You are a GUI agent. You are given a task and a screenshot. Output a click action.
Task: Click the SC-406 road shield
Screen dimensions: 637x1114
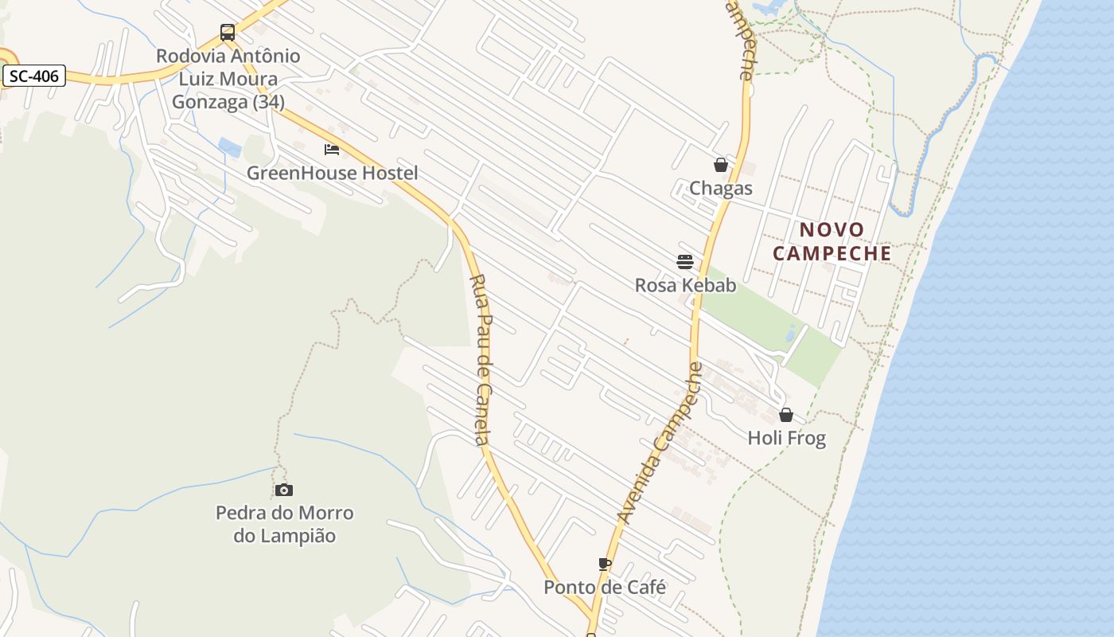(x=33, y=76)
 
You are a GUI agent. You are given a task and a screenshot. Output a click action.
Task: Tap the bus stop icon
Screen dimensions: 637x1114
(x=228, y=33)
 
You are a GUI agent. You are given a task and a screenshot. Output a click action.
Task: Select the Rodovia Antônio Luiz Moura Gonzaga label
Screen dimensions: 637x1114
(x=228, y=79)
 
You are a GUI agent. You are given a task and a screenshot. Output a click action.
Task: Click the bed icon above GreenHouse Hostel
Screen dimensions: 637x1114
(x=332, y=149)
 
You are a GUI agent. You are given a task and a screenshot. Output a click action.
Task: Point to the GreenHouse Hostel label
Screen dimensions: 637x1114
(x=332, y=173)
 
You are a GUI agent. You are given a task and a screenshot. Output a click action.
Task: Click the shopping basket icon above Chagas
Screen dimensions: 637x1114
(x=721, y=165)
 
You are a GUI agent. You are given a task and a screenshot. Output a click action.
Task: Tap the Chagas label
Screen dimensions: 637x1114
(x=721, y=189)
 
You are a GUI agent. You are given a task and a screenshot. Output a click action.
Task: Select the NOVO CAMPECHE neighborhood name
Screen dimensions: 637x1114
(x=832, y=241)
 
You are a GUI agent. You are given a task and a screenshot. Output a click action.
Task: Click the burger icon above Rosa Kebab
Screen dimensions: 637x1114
(x=685, y=261)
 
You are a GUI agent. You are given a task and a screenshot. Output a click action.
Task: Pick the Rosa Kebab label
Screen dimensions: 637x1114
(x=685, y=285)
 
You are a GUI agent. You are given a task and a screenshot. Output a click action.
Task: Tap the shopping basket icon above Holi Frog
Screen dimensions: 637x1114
(x=786, y=415)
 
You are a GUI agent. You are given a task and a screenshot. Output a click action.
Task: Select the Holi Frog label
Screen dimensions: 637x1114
(x=786, y=438)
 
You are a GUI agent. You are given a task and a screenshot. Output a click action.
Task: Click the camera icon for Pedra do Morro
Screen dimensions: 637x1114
(x=284, y=490)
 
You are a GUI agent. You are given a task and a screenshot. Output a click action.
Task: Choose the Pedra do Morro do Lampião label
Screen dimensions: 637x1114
(x=284, y=524)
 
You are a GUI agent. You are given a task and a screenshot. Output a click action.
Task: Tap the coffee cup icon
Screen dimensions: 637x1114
(x=605, y=564)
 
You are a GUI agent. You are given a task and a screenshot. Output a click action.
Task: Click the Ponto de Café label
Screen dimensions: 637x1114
(x=605, y=588)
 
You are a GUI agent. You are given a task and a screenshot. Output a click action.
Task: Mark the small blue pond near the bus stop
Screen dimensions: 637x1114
(x=230, y=147)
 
